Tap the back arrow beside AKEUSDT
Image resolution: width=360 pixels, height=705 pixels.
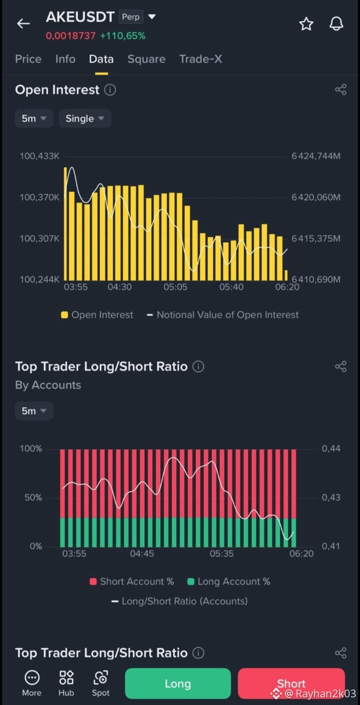[23, 23]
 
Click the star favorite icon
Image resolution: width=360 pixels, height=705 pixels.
[306, 24]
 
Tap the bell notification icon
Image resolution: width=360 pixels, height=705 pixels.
[336, 24]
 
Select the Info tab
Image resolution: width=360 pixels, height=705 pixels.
[65, 59]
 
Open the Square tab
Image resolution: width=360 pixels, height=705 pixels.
[146, 59]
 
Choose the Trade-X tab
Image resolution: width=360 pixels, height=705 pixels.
[201, 59]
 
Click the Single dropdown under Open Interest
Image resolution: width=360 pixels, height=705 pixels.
[85, 118]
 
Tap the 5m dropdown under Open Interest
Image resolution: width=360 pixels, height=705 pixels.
[34, 118]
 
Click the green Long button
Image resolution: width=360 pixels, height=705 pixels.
[178, 683]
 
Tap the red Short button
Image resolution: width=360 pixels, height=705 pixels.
[291, 683]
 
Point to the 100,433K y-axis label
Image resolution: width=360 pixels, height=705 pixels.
[39, 156]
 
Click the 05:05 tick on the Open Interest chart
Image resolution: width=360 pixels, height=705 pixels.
[176, 287]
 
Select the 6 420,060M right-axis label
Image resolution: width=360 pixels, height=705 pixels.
[316, 198]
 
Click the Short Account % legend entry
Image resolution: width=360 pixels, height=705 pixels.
[131, 581]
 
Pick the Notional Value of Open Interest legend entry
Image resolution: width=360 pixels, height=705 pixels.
[223, 315]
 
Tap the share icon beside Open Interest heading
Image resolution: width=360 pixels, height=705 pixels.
[341, 90]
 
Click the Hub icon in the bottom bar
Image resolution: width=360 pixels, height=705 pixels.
[66, 683]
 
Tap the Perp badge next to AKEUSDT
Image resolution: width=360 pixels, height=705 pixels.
[131, 17]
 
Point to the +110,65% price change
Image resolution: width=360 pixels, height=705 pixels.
[123, 36]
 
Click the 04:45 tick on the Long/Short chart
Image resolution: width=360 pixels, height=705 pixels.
[142, 554]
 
